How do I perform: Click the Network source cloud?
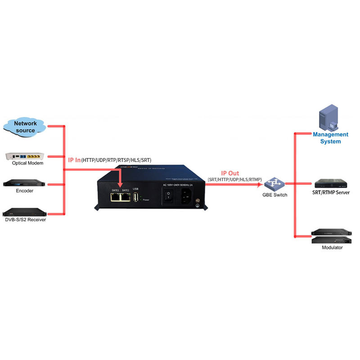[25, 126]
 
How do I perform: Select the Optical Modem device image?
[25, 156]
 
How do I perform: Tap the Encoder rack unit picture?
[25, 184]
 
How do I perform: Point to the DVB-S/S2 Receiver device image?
[25, 211]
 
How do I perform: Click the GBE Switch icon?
[274, 184]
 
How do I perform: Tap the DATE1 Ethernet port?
[115, 197]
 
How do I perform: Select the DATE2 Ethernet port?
[126, 197]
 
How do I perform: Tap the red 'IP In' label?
[74, 160]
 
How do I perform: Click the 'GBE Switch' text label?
[274, 195]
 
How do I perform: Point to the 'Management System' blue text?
[331, 138]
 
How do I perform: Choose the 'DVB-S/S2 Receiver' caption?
[25, 220]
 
